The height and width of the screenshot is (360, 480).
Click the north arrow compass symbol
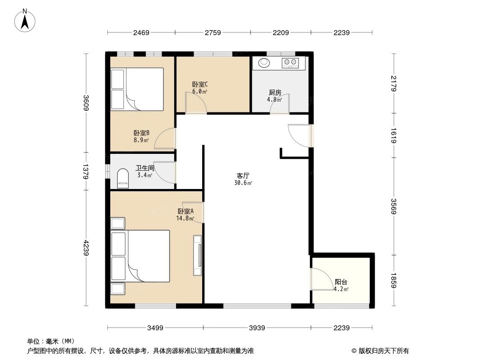pyautogui.click(x=26, y=20)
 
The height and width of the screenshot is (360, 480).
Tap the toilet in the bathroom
pyautogui.click(x=122, y=179)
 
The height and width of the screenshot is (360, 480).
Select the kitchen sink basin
pyautogui.click(x=263, y=63)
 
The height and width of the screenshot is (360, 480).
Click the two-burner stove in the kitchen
pyautogui.click(x=290, y=63)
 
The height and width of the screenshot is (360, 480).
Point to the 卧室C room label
pyautogui.click(x=199, y=84)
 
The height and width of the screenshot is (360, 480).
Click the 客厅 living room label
pyautogui.click(x=243, y=176)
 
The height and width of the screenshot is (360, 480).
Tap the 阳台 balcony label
pyautogui.click(x=341, y=282)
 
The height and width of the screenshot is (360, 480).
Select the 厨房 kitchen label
pyautogui.click(x=275, y=93)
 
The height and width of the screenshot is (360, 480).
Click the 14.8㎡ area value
pyautogui.click(x=185, y=219)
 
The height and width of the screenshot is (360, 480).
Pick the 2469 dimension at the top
pyautogui.click(x=141, y=32)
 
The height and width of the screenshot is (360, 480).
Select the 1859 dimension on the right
pyautogui.click(x=394, y=280)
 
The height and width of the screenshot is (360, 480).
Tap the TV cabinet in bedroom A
pyautogui.click(x=198, y=255)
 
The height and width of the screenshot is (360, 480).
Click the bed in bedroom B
pyautogui.click(x=137, y=89)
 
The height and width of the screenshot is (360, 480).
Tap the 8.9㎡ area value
pyautogui.click(x=140, y=140)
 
